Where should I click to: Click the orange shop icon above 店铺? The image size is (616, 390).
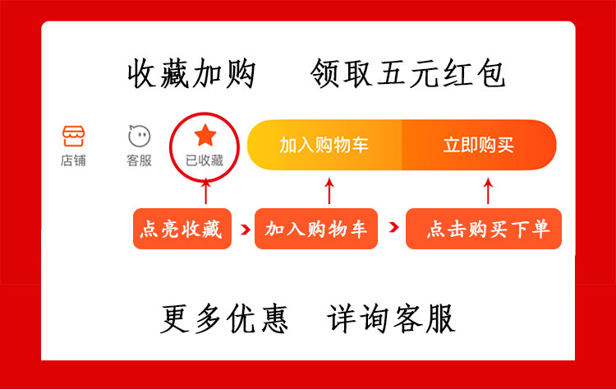click(x=73, y=136)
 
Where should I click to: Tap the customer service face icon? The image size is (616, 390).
click(x=140, y=136)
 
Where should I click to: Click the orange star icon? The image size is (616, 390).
click(x=205, y=135)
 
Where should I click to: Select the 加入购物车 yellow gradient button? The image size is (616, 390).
click(x=324, y=145)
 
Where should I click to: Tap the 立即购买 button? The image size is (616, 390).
click(x=479, y=145)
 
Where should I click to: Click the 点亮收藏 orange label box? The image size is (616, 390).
click(x=182, y=229)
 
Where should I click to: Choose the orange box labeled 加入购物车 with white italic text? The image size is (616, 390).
click(x=316, y=229)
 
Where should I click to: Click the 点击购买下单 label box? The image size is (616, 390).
click(x=484, y=229)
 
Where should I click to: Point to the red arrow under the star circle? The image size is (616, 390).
click(x=205, y=191)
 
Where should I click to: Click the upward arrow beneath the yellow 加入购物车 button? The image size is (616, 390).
click(x=329, y=191)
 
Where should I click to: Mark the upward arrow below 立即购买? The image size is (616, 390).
click(x=488, y=191)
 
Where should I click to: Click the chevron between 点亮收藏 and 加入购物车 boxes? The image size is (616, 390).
click(x=245, y=230)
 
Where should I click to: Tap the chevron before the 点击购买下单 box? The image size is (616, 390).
click(x=393, y=227)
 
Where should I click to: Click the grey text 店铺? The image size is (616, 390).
click(x=73, y=160)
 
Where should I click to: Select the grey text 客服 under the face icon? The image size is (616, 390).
click(x=139, y=160)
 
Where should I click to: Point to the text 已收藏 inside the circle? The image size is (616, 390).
click(x=205, y=160)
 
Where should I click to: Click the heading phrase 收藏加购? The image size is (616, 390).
click(x=191, y=73)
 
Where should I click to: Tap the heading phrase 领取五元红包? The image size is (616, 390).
click(x=407, y=73)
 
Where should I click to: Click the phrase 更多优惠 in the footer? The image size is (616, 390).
click(x=224, y=318)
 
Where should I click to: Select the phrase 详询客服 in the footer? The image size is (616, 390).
click(x=391, y=318)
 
